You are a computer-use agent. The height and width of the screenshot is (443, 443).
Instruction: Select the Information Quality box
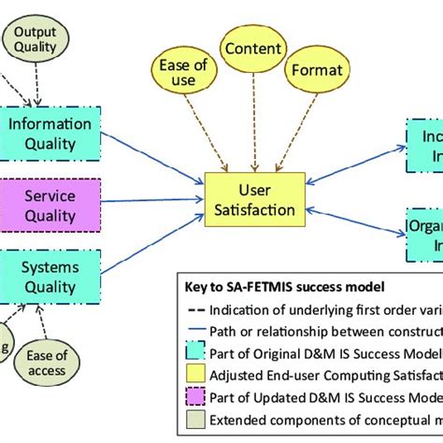pyautogui.click(x=49, y=131)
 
